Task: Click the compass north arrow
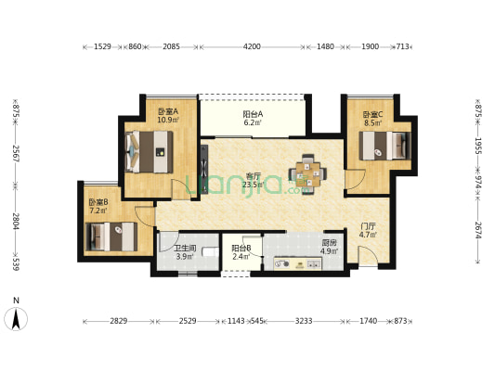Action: pos(16,319)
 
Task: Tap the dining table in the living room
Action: pos(307,173)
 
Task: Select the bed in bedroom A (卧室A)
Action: pos(149,152)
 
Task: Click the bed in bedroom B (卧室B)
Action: pos(111,237)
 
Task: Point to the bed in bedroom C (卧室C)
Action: pos(385,146)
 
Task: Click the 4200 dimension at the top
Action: pos(252,46)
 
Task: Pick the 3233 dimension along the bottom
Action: pos(304,321)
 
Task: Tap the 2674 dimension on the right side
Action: pos(478,230)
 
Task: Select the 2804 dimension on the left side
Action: pos(16,222)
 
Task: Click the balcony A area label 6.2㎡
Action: pos(253,122)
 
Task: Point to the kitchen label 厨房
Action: pos(330,243)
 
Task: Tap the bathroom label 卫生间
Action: pos(186,249)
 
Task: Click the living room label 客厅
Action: pos(254,176)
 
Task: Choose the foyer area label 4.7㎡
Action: pos(369,235)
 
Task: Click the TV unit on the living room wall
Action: pos(204,169)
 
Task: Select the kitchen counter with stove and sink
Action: pos(298,263)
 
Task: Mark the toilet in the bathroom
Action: pos(211,252)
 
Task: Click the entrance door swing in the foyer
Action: pos(368,257)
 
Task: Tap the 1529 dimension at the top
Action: pos(102,46)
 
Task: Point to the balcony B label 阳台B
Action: pos(241,248)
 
